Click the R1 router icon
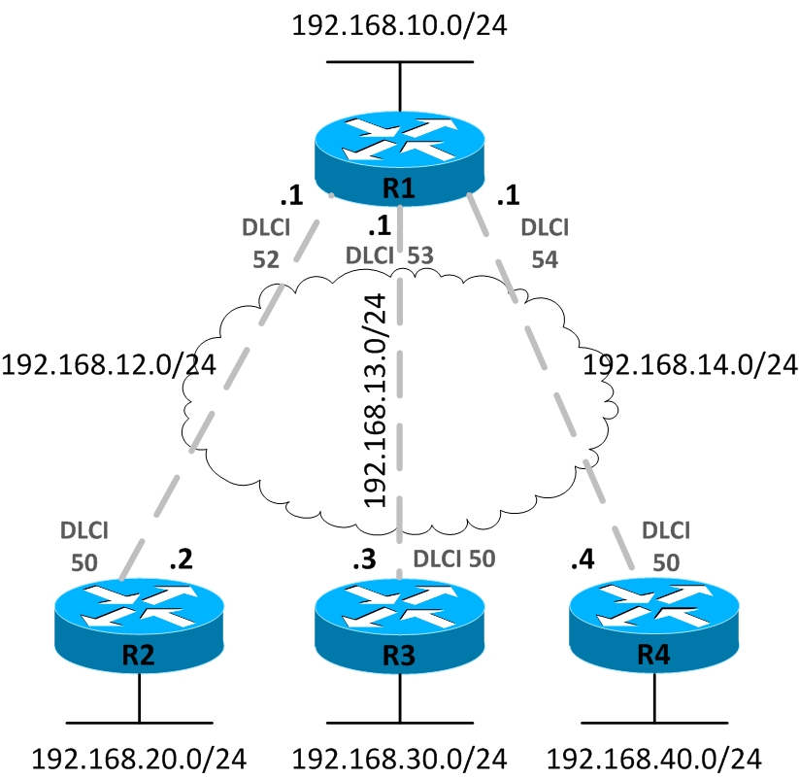(x=399, y=155)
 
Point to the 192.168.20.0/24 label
(x=139, y=758)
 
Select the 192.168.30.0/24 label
(x=399, y=758)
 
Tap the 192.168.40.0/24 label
(x=652, y=758)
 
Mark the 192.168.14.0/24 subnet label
(x=689, y=365)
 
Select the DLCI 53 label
(x=388, y=256)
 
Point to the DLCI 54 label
(x=544, y=244)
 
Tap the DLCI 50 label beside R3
(x=454, y=559)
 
